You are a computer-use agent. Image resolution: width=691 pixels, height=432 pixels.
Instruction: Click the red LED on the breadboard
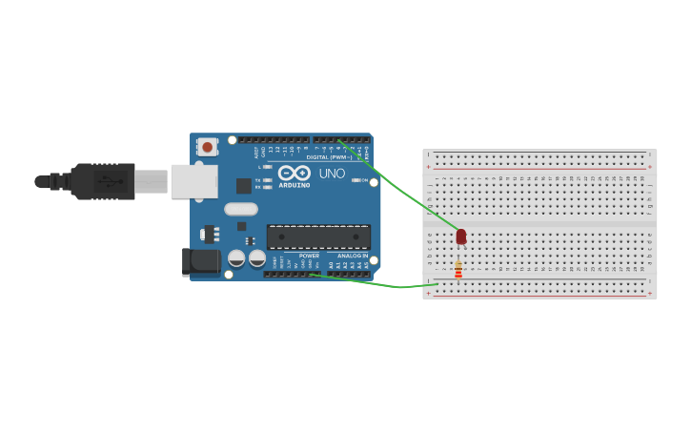coord(461,236)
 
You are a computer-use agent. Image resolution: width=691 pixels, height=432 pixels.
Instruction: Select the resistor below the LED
coord(458,271)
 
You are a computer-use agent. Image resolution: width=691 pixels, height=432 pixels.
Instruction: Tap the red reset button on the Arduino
coord(207,147)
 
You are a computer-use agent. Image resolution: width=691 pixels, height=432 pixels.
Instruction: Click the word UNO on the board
coord(332,174)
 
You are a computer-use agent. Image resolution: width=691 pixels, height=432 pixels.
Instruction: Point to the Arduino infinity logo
coord(295,173)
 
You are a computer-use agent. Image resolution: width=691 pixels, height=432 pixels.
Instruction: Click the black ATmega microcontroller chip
coord(318,237)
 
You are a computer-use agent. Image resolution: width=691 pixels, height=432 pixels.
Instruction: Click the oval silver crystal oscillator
coord(241,209)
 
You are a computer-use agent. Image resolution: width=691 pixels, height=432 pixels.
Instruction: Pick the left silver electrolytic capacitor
coord(237,257)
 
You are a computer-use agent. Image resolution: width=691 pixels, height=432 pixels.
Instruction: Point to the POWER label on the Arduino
coord(309,256)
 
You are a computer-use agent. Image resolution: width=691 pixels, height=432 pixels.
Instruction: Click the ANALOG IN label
coord(352,256)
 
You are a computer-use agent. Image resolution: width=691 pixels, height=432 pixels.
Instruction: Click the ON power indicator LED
coord(356,179)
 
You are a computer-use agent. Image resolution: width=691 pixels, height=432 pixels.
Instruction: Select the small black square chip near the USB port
coord(244,185)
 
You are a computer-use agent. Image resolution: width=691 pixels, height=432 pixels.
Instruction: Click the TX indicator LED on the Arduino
coord(268,179)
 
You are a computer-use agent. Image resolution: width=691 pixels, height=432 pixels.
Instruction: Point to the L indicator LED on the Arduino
coord(268,167)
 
